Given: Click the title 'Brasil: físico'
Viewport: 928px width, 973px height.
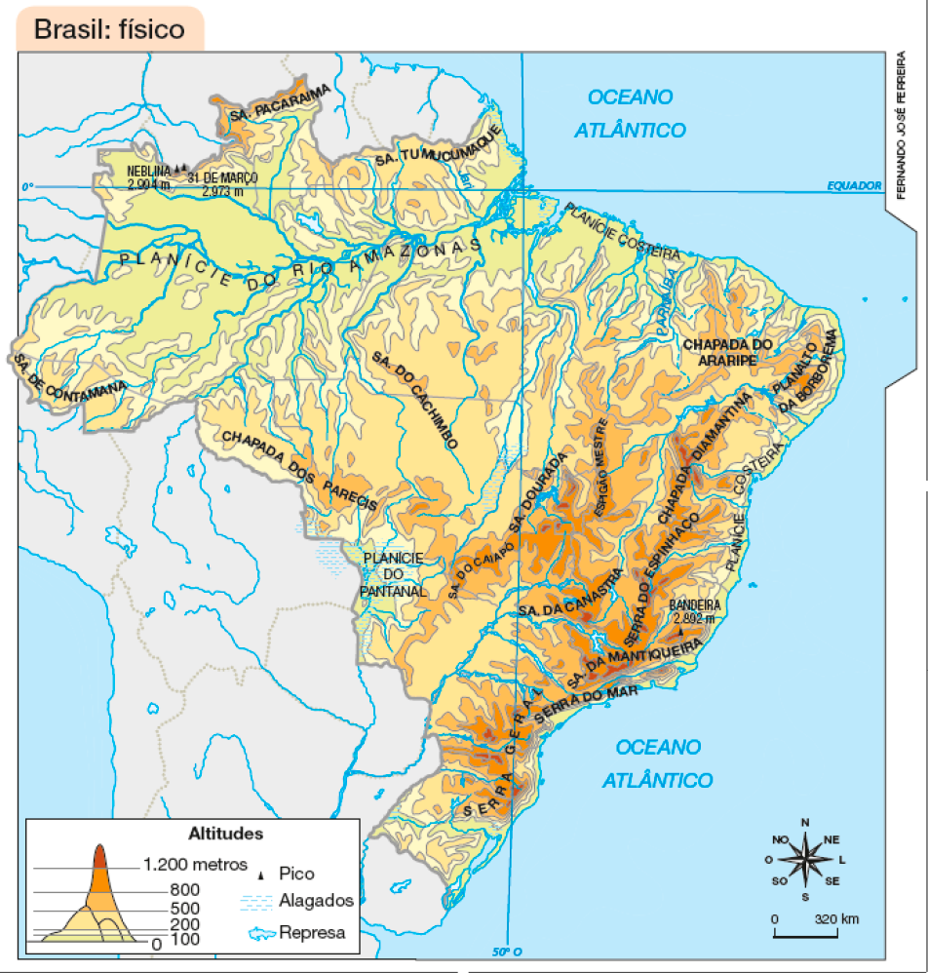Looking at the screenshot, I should [109, 29].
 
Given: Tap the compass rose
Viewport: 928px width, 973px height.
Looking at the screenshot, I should [805, 859].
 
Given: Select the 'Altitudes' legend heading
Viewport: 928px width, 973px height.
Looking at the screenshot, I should [224, 834].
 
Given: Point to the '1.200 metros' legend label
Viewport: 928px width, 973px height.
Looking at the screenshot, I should [195, 865].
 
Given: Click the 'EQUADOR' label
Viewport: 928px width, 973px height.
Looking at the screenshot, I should [853, 185].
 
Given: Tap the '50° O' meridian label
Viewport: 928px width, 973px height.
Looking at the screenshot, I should [503, 953].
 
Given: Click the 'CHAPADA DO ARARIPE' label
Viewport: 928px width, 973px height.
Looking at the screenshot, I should [727, 352].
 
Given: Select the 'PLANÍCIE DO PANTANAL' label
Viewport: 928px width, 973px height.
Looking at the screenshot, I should [394, 573].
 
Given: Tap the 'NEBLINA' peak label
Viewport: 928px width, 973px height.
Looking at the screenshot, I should [147, 168].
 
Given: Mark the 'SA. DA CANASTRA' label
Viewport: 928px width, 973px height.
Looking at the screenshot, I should [571, 595].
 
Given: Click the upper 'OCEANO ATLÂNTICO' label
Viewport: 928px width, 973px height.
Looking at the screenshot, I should [630, 113].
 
